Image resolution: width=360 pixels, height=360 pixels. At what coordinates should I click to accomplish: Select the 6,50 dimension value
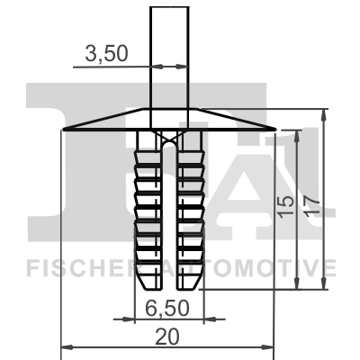coord(166,307)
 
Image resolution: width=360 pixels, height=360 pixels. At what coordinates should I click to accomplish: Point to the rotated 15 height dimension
coord(285,208)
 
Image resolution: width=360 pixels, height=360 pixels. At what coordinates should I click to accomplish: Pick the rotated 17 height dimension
coord(312,206)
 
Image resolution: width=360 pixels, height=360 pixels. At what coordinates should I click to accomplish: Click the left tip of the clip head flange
coord(63,129)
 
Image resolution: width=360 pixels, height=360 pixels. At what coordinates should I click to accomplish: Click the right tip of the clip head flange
coord(274,129)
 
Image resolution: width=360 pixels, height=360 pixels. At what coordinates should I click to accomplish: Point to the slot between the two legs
coord(168,207)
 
